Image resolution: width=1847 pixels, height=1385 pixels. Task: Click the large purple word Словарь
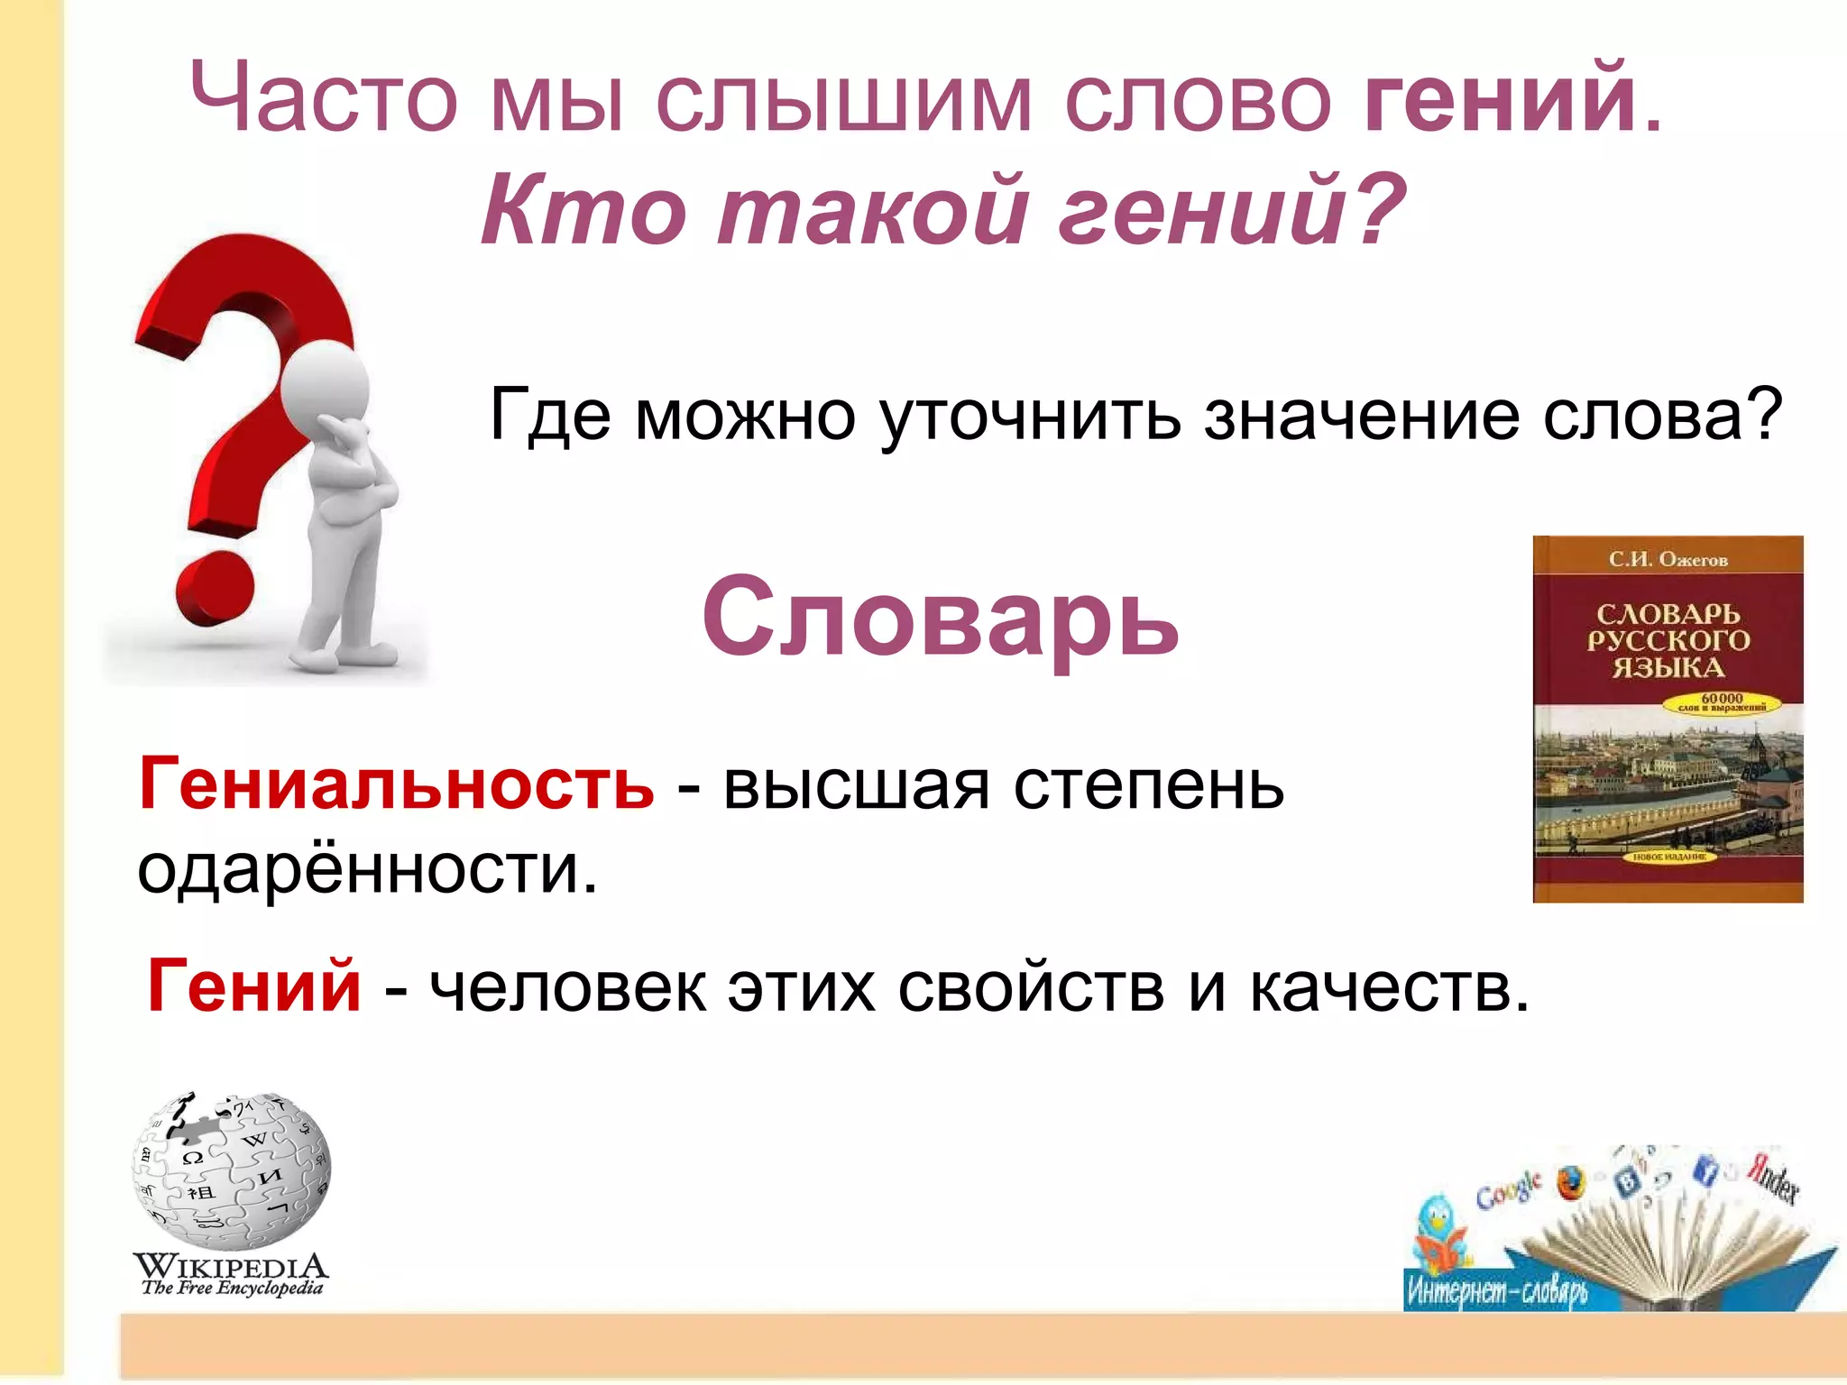(x=940, y=618)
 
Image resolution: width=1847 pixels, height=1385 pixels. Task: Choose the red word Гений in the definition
(x=254, y=986)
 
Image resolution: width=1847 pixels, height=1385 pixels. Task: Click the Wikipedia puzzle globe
(x=232, y=1170)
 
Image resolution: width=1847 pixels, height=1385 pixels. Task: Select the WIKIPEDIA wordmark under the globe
(x=231, y=1265)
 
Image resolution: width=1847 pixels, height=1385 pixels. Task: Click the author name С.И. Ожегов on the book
(x=1668, y=560)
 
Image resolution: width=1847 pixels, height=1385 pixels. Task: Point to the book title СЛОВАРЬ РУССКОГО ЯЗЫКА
(x=1668, y=640)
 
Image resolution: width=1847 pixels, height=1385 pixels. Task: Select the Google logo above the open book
(x=1509, y=1190)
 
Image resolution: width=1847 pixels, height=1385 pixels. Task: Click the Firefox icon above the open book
(x=1570, y=1183)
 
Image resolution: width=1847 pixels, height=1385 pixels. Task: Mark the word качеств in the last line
(x=1389, y=987)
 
